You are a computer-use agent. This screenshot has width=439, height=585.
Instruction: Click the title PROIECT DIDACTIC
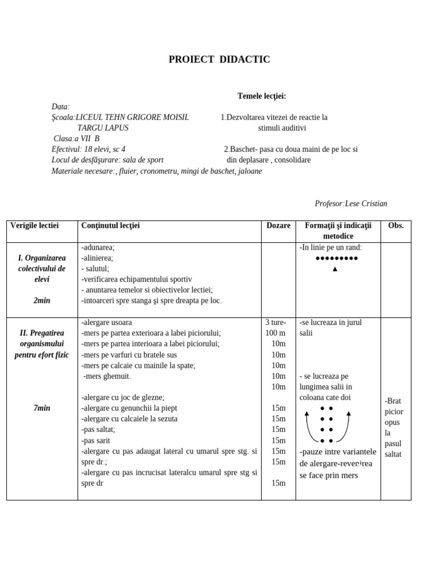(x=219, y=59)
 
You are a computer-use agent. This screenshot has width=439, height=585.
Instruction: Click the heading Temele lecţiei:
(x=262, y=96)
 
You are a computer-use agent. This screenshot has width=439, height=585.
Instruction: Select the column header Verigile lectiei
(x=35, y=226)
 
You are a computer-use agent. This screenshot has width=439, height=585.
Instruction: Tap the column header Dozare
(x=278, y=226)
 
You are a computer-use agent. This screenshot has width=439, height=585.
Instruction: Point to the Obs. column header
(x=396, y=226)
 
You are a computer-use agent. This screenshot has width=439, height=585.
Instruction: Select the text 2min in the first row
(x=42, y=300)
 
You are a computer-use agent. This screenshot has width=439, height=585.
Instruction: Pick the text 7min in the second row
(x=42, y=408)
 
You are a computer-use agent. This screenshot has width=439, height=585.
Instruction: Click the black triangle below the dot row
(x=335, y=269)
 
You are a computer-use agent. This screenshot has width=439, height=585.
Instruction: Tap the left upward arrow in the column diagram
(x=307, y=414)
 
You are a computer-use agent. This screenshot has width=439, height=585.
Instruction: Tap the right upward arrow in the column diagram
(x=348, y=414)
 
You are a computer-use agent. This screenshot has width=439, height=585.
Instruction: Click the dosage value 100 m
(x=276, y=333)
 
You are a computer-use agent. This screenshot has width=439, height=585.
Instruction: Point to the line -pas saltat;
(x=98, y=430)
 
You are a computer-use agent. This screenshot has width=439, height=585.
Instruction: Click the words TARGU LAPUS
(x=103, y=128)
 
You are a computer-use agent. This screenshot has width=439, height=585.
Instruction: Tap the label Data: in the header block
(x=60, y=107)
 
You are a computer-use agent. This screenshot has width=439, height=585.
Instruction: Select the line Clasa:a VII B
(x=77, y=139)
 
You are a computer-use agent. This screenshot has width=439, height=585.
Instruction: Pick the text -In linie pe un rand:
(x=330, y=247)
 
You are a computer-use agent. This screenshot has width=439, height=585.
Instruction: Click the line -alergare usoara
(x=106, y=322)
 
